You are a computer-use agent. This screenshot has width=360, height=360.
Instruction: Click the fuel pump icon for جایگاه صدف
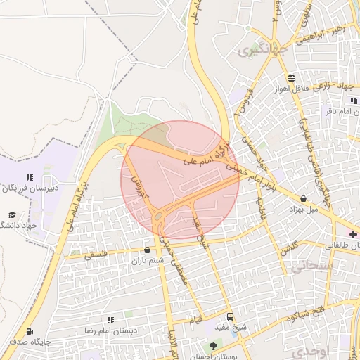coord(29,332)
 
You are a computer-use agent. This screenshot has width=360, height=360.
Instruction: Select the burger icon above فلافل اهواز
coord(290,77)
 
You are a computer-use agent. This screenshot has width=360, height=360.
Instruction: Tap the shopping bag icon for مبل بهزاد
coord(303,199)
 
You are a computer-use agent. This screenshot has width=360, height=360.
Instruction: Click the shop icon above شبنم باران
coord(147,250)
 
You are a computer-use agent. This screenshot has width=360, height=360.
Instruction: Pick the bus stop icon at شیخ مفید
coord(231,316)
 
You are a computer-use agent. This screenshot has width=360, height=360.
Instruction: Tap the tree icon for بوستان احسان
coord(214,346)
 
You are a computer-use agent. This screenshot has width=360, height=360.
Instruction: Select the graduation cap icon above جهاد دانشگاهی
coord(11,214)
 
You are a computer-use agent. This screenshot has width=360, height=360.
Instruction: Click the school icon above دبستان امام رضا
coord(110,320)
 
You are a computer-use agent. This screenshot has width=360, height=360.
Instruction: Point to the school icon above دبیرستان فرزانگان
coord(29,178)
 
